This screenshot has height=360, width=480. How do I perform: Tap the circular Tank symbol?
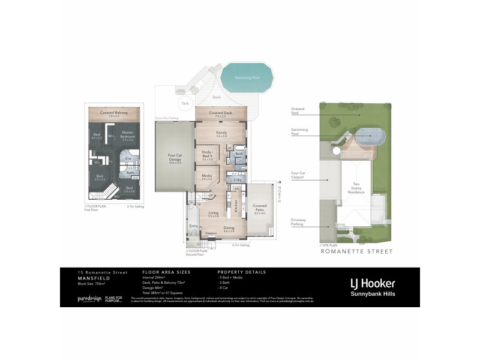coord(185,103)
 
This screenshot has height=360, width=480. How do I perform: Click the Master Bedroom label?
coord(127,134)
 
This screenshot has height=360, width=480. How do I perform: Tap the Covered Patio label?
coord(259,208)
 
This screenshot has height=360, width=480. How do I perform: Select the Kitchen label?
coord(236,208)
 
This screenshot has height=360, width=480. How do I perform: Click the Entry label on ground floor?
coord(194,226)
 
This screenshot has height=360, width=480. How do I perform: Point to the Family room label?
coord(221,133)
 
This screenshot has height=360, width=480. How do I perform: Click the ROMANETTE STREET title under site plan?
coord(356,252)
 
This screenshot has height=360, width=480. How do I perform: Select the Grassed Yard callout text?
coord(298,111)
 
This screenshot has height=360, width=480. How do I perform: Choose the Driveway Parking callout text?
coord(299,222)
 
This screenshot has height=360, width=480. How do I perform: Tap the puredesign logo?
coord(90,298)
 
